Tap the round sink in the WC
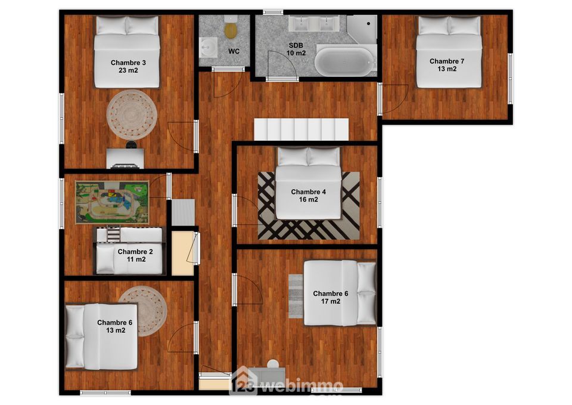click(x=209, y=47)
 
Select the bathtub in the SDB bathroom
click(x=345, y=61)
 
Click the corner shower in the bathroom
click(x=362, y=29)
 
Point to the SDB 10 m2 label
click(x=296, y=50)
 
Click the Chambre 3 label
click(x=128, y=66)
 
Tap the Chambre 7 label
click(x=447, y=65)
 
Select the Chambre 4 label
click(x=308, y=196)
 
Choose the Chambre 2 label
click(x=135, y=255)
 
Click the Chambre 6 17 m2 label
click(x=331, y=297)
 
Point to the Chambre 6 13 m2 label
click(x=115, y=326)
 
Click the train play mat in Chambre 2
click(x=112, y=202)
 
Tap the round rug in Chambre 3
click(x=132, y=115)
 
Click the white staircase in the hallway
click(x=301, y=129)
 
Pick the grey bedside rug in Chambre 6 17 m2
click(x=296, y=296)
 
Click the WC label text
click(x=234, y=51)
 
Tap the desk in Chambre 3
click(x=125, y=158)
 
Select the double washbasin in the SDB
click(x=314, y=23)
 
